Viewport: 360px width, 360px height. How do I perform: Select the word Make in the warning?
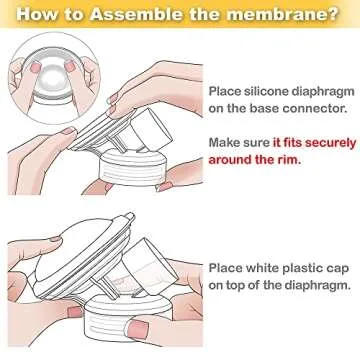pos(225,143)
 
